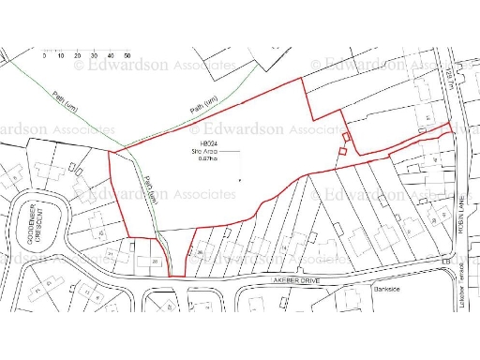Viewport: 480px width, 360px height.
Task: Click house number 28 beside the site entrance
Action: (155, 262)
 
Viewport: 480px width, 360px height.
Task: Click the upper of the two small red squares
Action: (346, 138)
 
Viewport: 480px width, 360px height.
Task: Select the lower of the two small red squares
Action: (343, 150)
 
